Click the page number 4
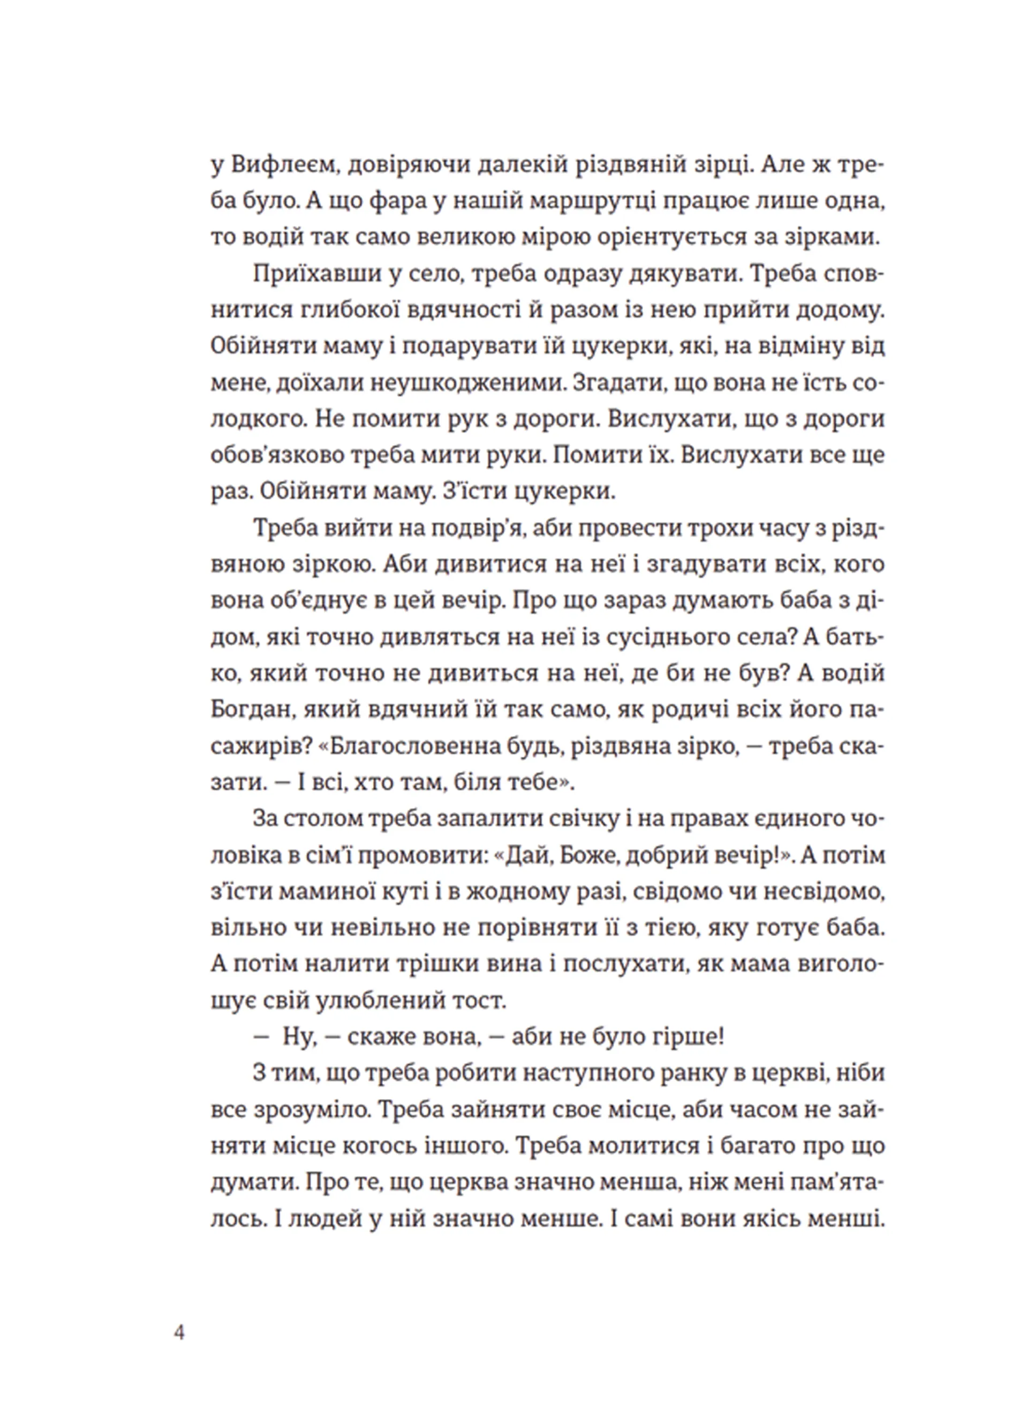click(180, 1333)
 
